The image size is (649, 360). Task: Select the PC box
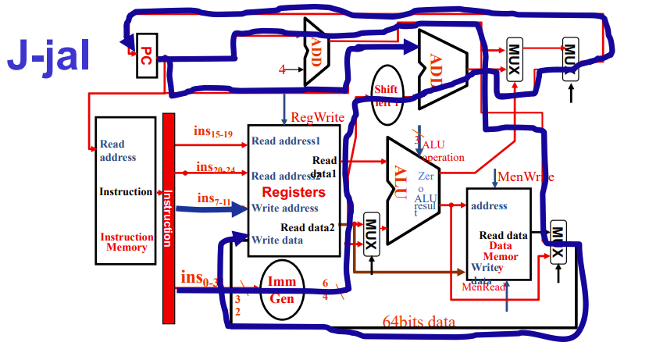tap(146, 55)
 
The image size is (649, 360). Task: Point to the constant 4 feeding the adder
tap(282, 70)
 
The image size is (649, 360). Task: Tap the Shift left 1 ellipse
tap(387, 96)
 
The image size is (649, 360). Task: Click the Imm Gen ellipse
tap(280, 289)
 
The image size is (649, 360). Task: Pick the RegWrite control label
tap(318, 117)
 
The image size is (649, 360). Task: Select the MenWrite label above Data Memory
tap(525, 176)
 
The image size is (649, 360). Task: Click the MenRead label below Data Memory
tap(483, 287)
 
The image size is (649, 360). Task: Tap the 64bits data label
tap(419, 321)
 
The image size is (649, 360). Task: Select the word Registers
tap(293, 192)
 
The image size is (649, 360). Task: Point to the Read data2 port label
tap(308, 227)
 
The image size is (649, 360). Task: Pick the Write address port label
tap(285, 209)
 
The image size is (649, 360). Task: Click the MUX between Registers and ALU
tap(372, 232)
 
